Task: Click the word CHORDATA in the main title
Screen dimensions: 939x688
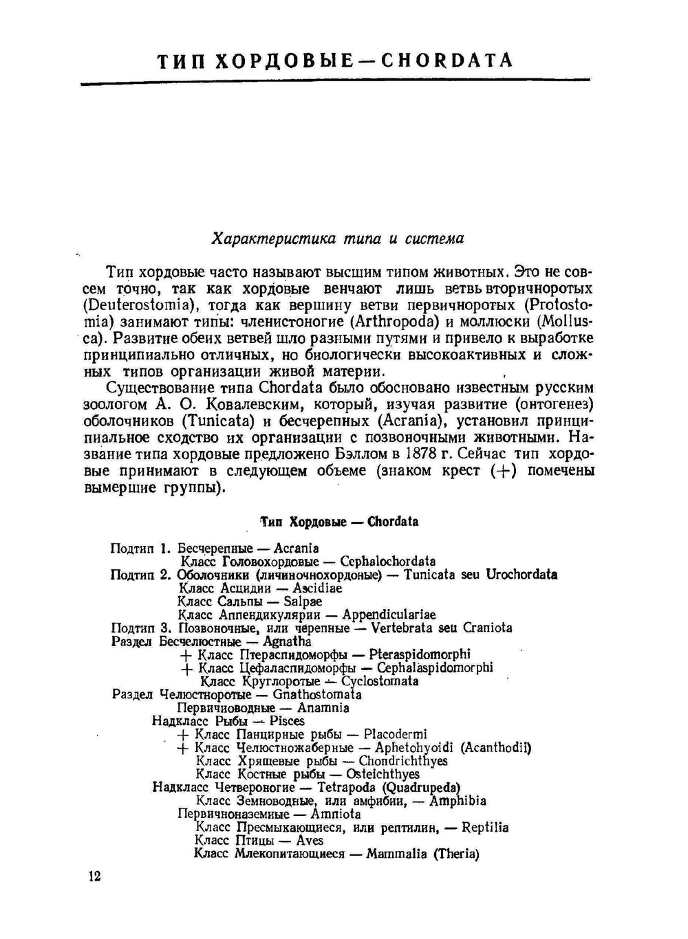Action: [447, 60]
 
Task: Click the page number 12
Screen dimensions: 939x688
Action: [94, 876]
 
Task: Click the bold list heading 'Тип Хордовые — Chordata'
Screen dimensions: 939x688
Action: [338, 522]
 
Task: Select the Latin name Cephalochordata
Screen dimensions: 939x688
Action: [388, 562]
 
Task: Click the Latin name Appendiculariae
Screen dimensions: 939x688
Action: [389, 615]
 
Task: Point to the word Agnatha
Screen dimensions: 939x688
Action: [287, 641]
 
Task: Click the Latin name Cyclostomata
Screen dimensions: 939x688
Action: [380, 681]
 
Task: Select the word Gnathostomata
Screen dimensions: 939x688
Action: [317, 694]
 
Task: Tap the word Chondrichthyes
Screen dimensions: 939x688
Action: [403, 761]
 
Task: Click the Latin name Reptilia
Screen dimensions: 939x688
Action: [485, 828]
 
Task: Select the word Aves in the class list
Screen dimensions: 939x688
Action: [310, 841]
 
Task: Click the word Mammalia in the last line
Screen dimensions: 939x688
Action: [398, 854]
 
